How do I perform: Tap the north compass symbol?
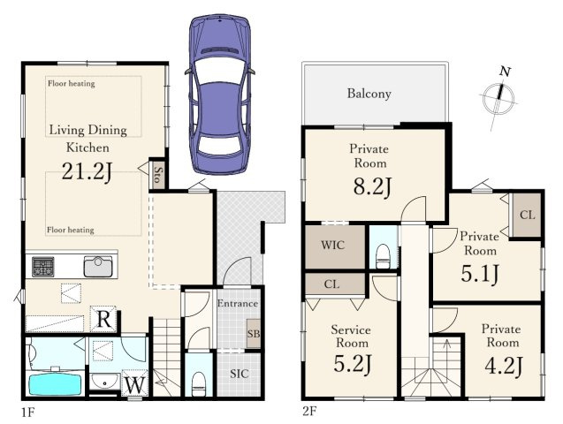tap(498, 97)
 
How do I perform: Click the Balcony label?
tap(369, 94)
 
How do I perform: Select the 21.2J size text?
tap(87, 171)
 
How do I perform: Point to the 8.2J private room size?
tap(372, 186)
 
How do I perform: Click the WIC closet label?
tap(333, 245)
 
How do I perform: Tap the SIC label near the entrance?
tap(240, 374)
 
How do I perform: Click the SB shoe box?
tap(254, 333)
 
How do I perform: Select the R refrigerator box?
tap(103, 319)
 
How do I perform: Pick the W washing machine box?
tap(135, 383)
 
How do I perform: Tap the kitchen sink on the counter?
tap(98, 267)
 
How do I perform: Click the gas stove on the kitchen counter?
tap(43, 267)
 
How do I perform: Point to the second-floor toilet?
tap(383, 256)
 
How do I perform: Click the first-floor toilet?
tap(198, 384)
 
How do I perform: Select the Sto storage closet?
tap(157, 174)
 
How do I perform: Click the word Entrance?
tap(238, 304)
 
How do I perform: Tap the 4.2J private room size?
tap(504, 365)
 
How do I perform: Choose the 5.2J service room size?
tap(353, 363)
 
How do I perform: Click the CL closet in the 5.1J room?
tap(527, 215)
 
